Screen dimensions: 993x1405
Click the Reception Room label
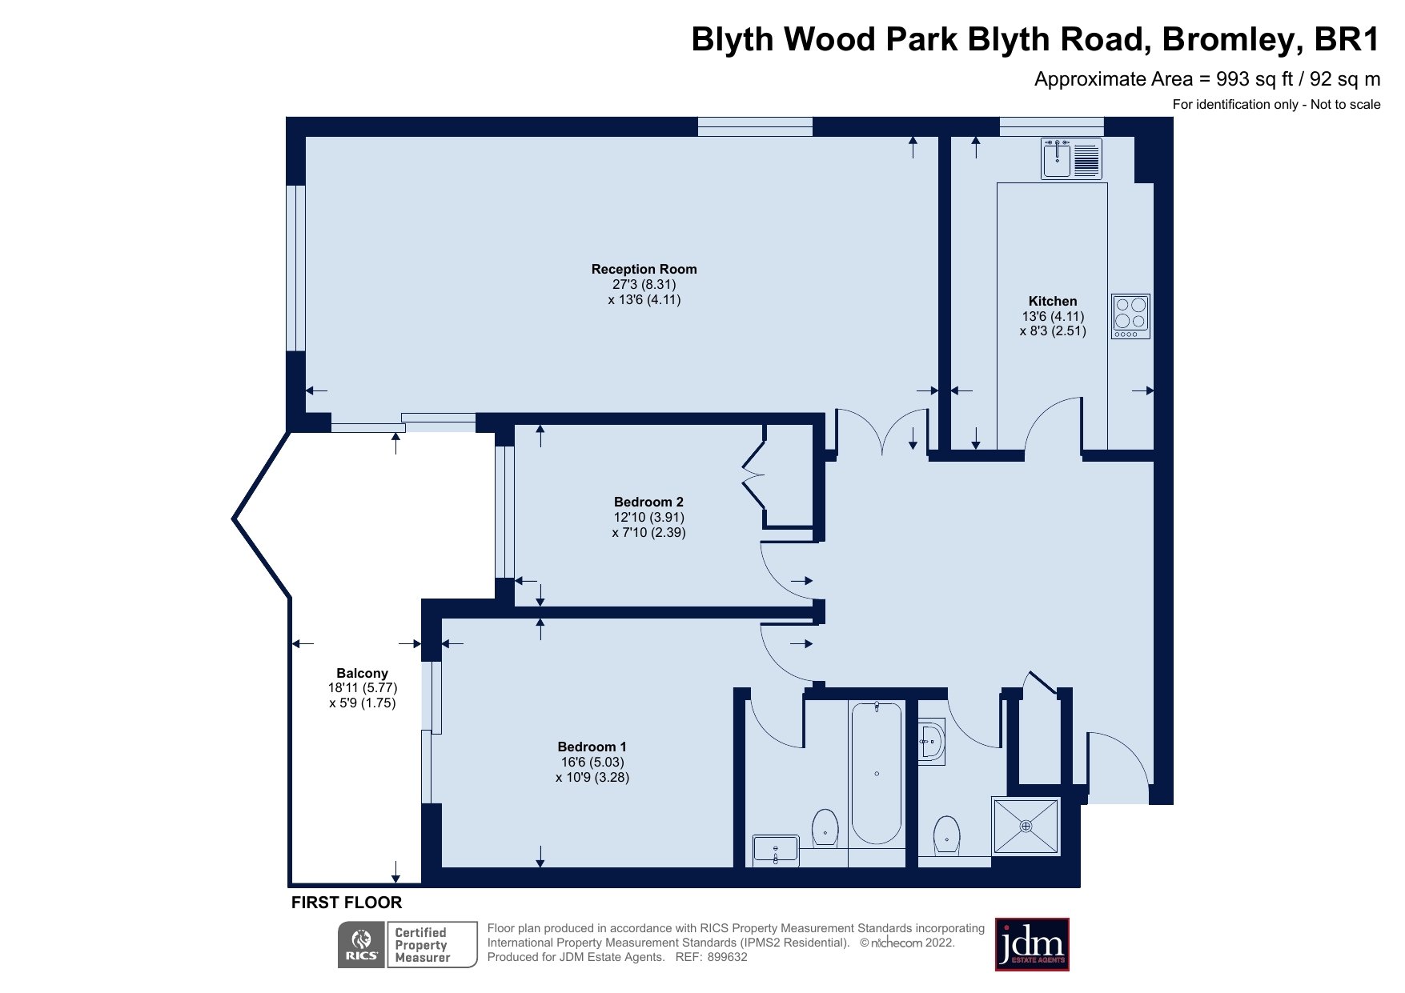click(x=644, y=269)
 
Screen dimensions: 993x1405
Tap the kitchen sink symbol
click(x=1071, y=158)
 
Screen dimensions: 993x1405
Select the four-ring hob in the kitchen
click(x=1130, y=316)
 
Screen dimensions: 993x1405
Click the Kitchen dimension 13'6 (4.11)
click(x=1052, y=316)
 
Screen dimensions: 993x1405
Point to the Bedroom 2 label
click(x=648, y=502)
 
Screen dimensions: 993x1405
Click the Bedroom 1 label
click(x=592, y=747)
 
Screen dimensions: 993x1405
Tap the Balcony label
click(x=362, y=673)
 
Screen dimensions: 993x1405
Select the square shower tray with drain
click(x=1026, y=826)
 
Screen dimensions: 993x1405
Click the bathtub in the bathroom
click(x=877, y=772)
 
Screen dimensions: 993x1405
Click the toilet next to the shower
click(x=946, y=835)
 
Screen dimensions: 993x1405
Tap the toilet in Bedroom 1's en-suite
click(x=825, y=827)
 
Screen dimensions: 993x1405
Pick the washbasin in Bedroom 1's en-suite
click(x=775, y=851)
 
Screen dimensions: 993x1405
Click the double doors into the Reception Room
click(x=882, y=432)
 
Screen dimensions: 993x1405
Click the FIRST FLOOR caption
click(x=346, y=903)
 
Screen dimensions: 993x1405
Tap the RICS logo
click(x=362, y=945)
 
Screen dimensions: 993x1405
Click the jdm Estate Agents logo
click(x=1031, y=944)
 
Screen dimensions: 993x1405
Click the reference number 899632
click(x=726, y=957)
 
